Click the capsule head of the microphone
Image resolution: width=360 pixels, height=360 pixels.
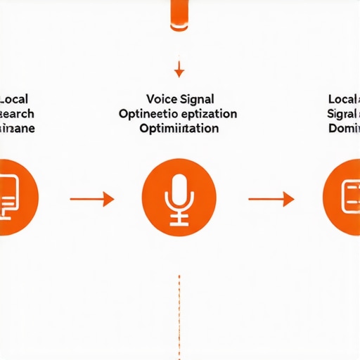(x=179, y=189)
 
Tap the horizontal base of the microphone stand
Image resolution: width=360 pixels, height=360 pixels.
(x=179, y=223)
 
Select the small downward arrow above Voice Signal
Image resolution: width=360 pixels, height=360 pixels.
(x=179, y=70)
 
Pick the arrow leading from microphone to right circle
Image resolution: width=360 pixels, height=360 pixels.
(x=271, y=199)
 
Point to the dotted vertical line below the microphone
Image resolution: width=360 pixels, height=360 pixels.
(x=179, y=309)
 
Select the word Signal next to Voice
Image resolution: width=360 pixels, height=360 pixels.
(x=198, y=99)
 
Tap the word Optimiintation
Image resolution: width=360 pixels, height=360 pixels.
(x=179, y=129)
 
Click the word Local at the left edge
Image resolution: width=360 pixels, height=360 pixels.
(x=15, y=99)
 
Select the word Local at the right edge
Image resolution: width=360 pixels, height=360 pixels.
(x=344, y=99)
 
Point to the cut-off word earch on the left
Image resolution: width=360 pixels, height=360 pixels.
(x=17, y=114)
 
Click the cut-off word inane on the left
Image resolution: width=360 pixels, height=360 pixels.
(x=17, y=129)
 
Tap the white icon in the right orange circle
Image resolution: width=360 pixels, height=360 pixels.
(x=349, y=193)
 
